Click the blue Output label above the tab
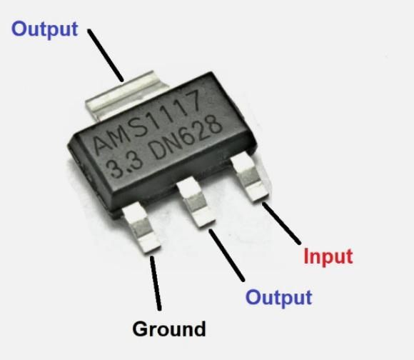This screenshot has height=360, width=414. pyautogui.click(x=45, y=29)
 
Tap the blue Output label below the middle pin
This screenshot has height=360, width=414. pyautogui.click(x=279, y=298)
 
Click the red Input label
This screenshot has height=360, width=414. pyautogui.click(x=328, y=256)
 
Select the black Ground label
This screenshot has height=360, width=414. pyautogui.click(x=169, y=329)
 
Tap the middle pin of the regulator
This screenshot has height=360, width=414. pyautogui.click(x=196, y=201)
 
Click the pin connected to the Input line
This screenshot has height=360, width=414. pyautogui.click(x=250, y=176)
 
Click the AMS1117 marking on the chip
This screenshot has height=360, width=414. pyautogui.click(x=147, y=122)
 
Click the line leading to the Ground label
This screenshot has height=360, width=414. pyautogui.click(x=156, y=283)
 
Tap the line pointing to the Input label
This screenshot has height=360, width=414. pyautogui.click(x=281, y=223)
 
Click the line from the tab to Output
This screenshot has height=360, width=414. pyautogui.click(x=106, y=55)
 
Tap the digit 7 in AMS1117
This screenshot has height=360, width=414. pyautogui.click(x=191, y=102)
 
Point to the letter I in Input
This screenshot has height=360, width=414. pyautogui.click(x=306, y=256)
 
